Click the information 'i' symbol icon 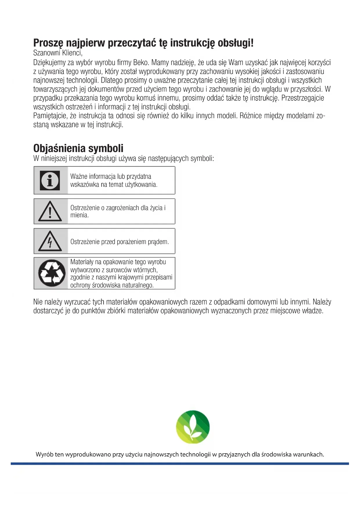(50, 181)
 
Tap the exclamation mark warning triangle (50, 212)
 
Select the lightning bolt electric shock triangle (50, 241)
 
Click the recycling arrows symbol (52, 273)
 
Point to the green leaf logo (193, 427)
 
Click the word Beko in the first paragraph (140, 63)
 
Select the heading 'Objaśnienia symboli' (78, 148)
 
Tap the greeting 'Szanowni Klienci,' (58, 53)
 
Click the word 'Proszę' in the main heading (48, 43)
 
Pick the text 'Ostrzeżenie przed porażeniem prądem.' (120, 242)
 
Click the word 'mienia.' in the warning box (79, 215)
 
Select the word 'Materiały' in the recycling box (82, 262)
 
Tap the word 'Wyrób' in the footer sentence (45, 454)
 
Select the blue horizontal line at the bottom (180, 464)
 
